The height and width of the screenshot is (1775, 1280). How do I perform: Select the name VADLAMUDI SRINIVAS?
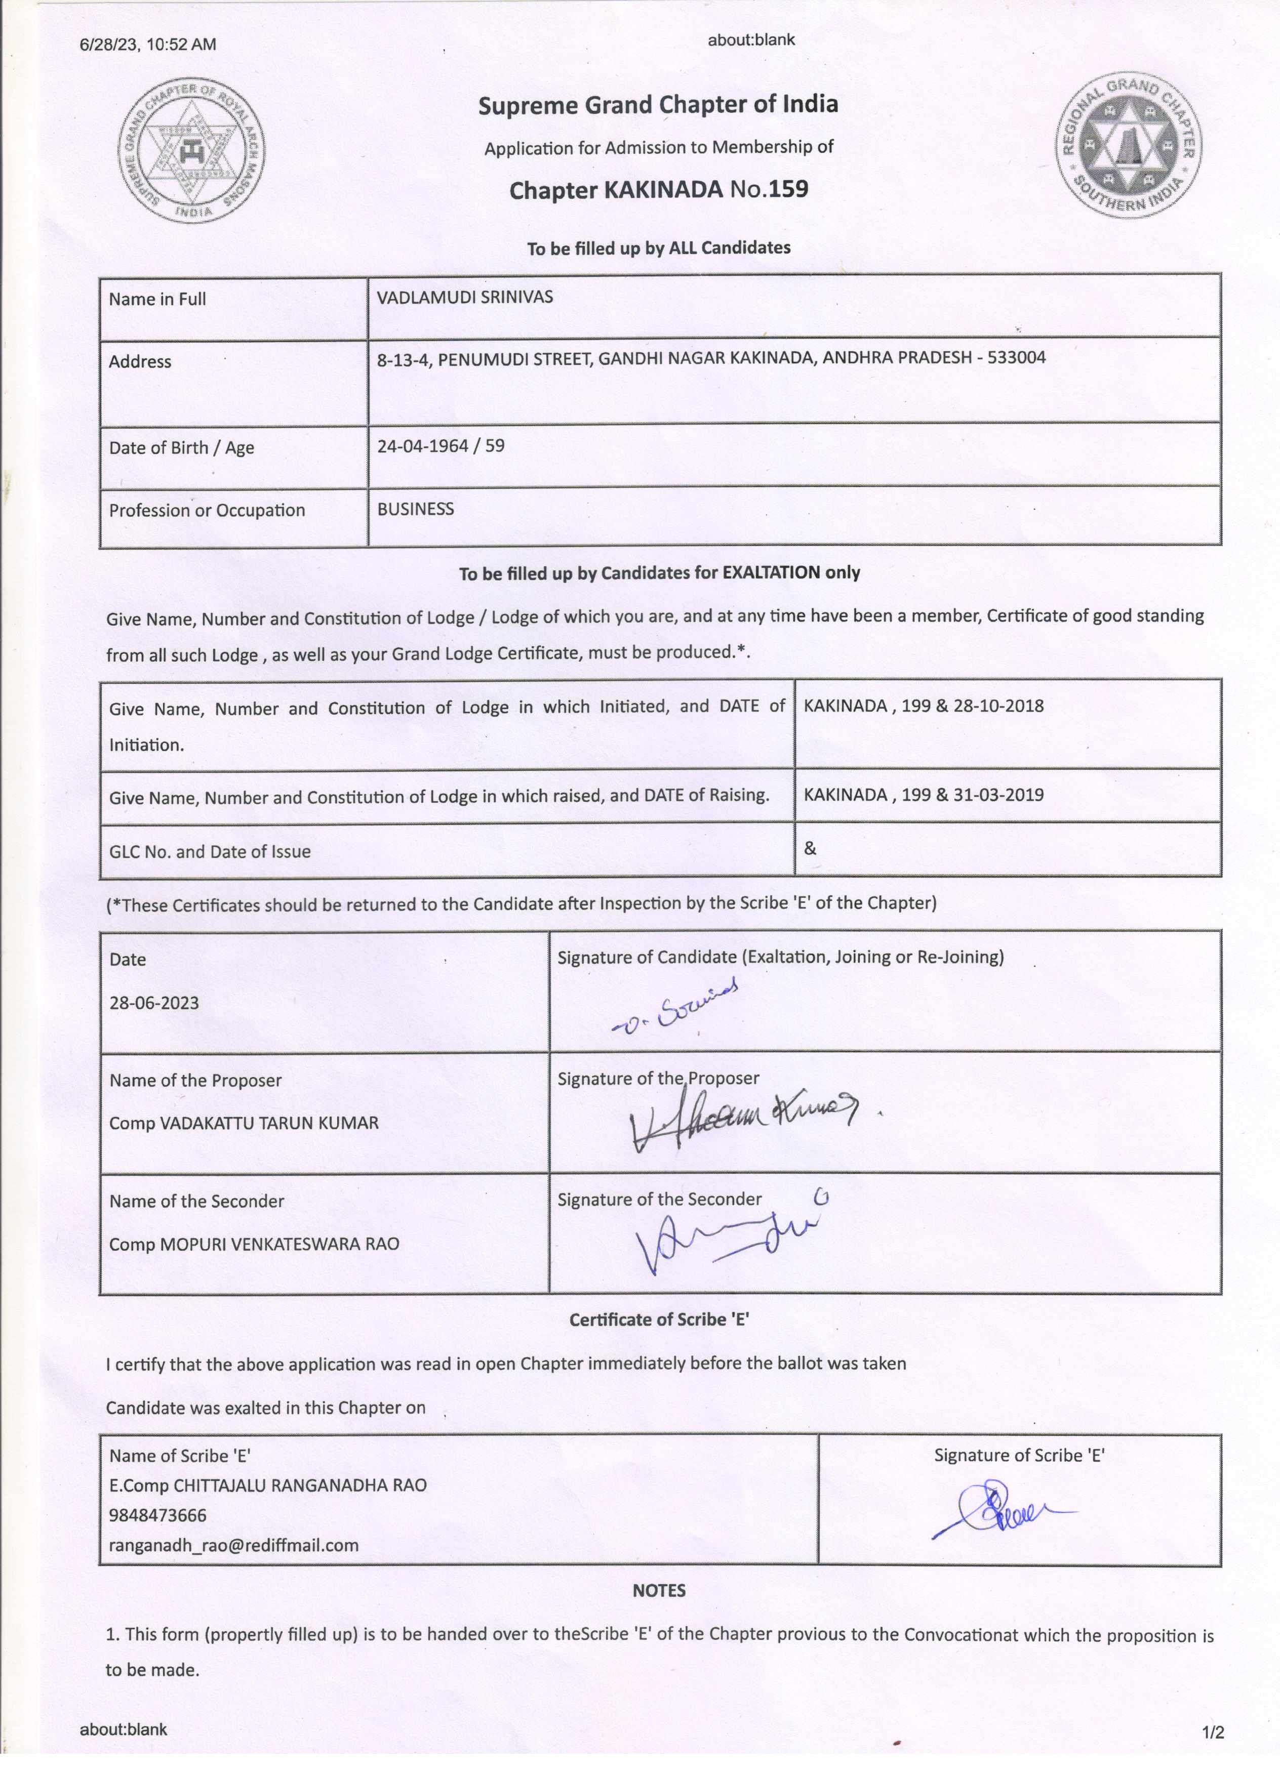coord(464,298)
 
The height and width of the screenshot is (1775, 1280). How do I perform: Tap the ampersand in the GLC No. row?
coord(810,848)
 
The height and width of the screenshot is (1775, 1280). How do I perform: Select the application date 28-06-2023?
coord(154,1003)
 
